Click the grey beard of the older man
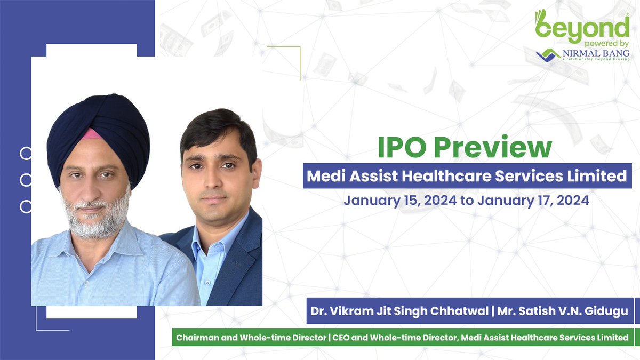(x=96, y=219)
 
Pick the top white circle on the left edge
(x=26, y=154)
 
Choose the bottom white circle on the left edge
(x=26, y=206)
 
